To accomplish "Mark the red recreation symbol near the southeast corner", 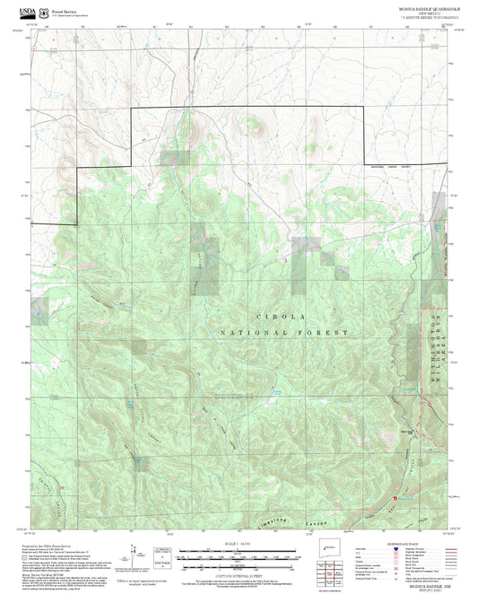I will (395, 496).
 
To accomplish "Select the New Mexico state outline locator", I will (330, 548).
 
